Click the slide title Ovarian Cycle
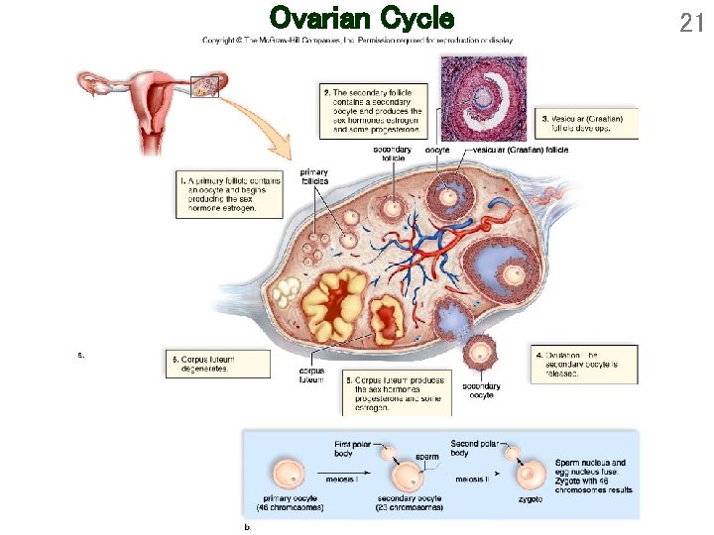[x=361, y=19]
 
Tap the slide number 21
[x=691, y=22]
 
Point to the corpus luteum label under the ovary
[x=311, y=375]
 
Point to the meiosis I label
[x=336, y=480]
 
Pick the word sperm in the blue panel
[x=427, y=457]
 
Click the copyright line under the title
[x=357, y=41]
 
